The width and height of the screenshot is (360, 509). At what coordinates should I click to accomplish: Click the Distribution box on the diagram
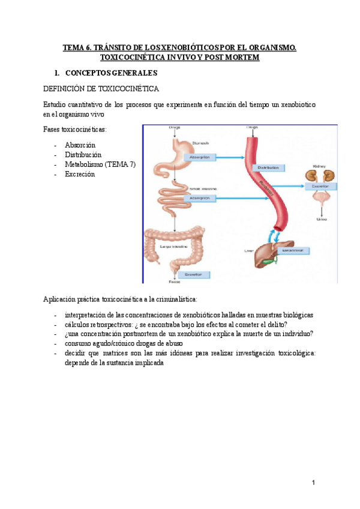pos(268,167)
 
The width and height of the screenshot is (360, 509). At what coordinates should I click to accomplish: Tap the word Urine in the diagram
pos(322,219)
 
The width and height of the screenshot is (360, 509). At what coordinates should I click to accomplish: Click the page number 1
pos(313,483)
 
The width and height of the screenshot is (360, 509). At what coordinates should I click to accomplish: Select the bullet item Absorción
pos(80,145)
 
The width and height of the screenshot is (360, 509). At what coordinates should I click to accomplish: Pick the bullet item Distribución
pos(83,155)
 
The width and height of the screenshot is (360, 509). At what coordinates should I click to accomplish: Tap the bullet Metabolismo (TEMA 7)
pos(100,164)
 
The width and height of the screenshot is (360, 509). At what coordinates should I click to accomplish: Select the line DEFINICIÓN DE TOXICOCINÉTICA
pos(101,89)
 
